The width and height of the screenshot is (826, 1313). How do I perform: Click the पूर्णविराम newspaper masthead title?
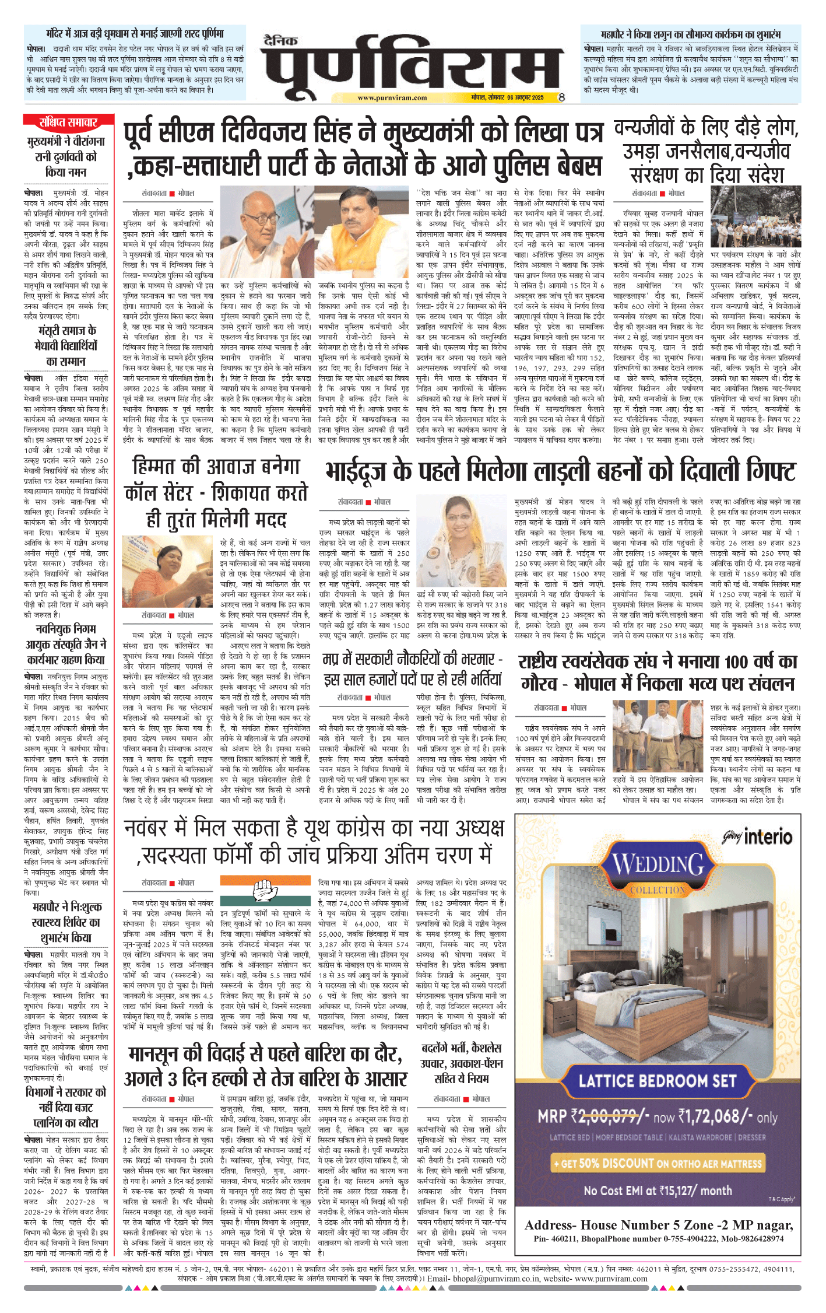click(411, 64)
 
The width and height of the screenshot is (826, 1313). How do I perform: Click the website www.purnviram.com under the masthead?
click(392, 98)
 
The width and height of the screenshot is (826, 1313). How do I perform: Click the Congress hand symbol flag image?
click(268, 890)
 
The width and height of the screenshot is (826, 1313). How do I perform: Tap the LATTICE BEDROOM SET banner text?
click(658, 1080)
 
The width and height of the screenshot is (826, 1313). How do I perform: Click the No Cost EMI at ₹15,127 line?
click(658, 1190)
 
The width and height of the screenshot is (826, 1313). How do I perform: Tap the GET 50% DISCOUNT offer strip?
click(658, 1163)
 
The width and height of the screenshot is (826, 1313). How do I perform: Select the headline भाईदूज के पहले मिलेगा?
click(560, 471)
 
